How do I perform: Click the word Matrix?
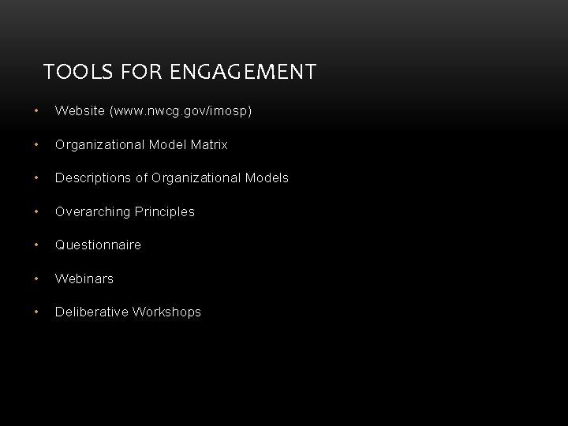(209, 145)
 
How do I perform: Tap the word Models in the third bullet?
(267, 178)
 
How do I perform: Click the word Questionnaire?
(98, 245)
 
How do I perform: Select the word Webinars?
(84, 279)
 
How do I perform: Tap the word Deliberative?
(92, 312)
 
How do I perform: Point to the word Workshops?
(166, 312)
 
